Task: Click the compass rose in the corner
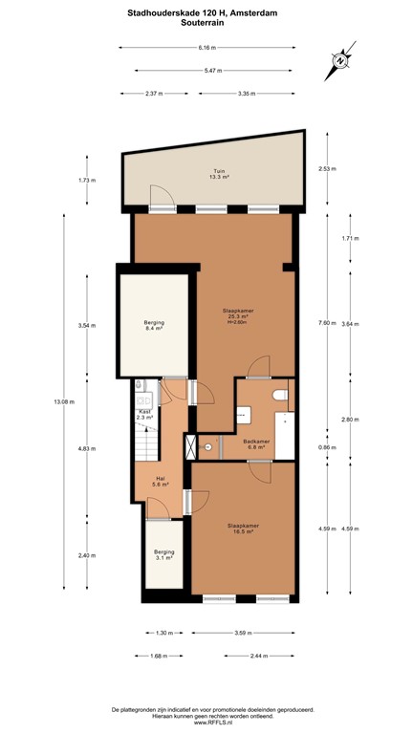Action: point(339,63)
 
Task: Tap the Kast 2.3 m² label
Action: point(144,414)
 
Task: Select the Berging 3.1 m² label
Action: point(164,554)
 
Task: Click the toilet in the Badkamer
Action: point(280,395)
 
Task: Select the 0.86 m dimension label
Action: point(327,447)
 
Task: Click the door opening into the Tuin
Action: point(163,200)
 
